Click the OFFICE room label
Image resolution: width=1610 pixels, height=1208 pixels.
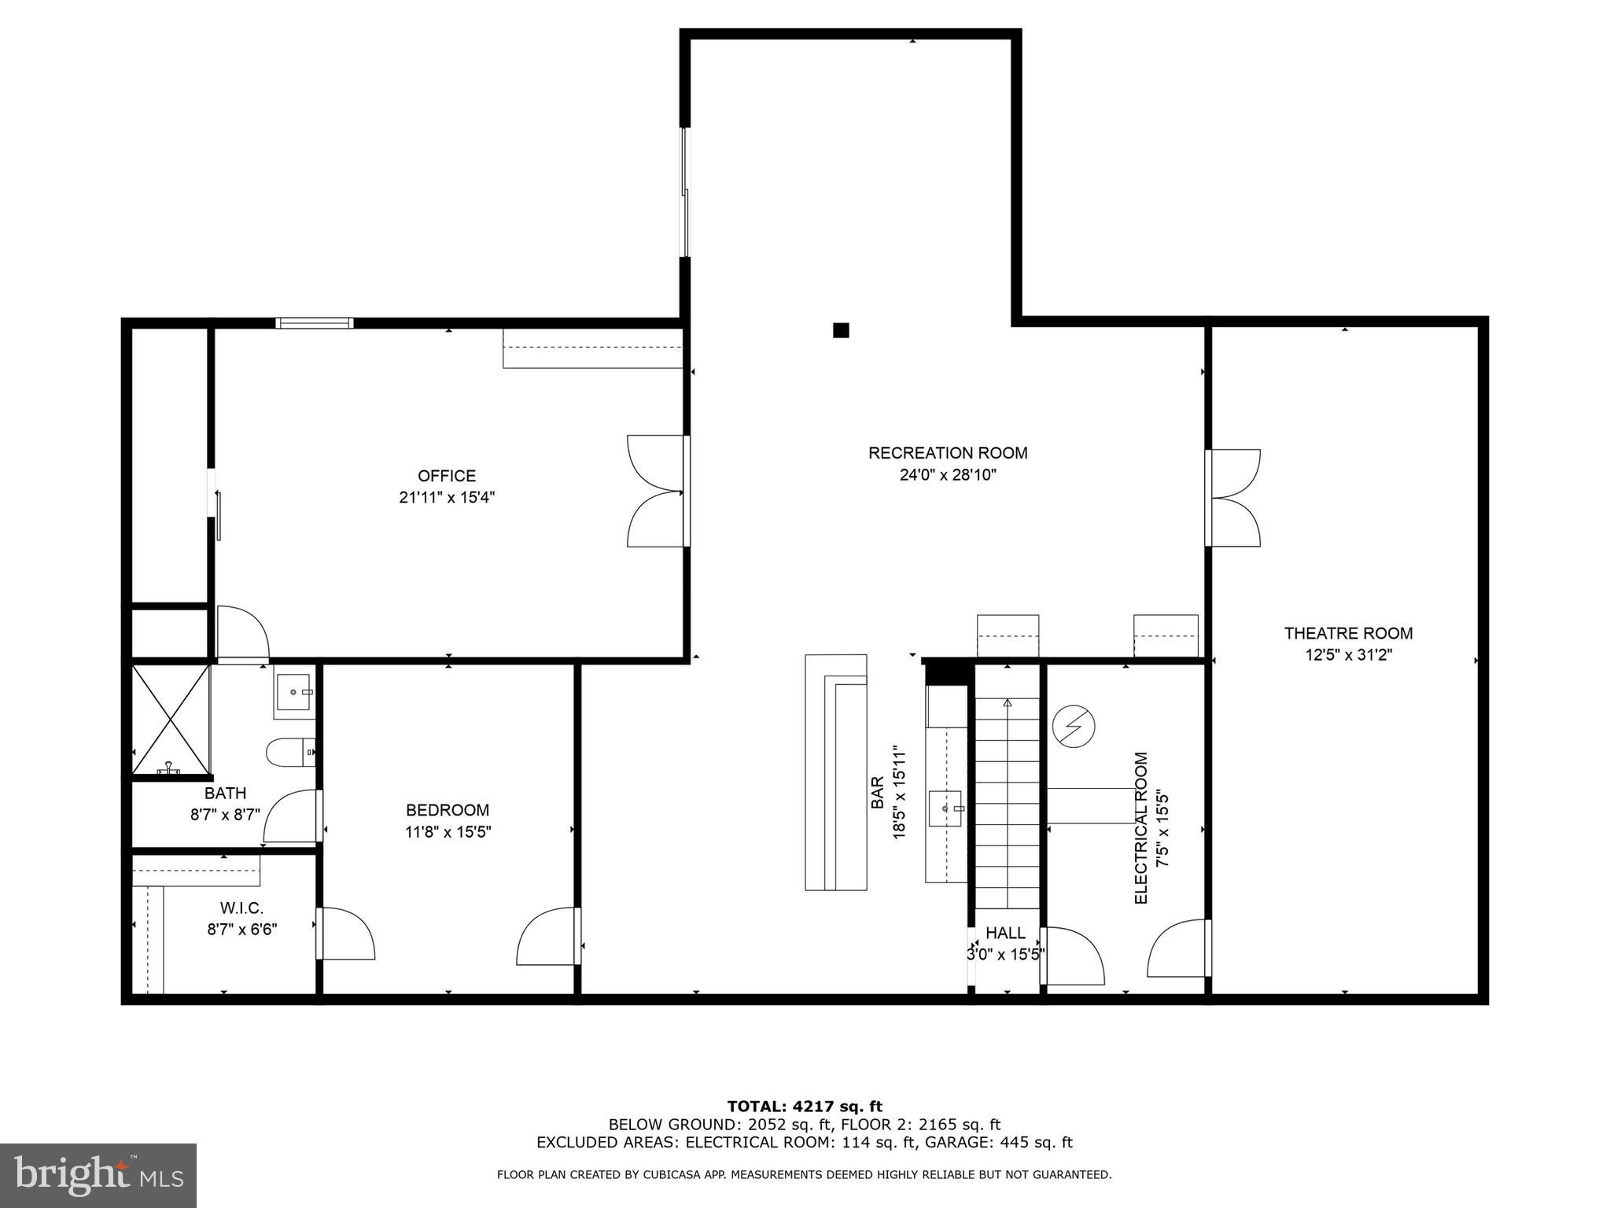pos(446,476)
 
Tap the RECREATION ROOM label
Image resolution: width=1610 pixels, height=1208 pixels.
pos(947,453)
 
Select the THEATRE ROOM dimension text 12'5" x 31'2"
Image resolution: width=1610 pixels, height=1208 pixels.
pos(1348,654)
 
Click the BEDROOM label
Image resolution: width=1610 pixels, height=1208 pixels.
pos(447,810)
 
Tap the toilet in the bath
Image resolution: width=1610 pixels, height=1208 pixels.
pos(289,752)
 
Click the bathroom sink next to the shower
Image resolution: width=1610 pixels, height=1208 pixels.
pos(294,692)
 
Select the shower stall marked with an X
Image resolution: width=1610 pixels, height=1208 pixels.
pos(170,720)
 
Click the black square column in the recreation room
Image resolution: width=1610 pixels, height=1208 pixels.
pos(841,330)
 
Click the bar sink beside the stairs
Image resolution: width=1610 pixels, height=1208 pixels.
pos(945,808)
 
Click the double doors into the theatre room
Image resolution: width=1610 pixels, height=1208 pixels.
pos(1232,498)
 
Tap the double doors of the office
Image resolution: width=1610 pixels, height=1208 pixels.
pos(657,492)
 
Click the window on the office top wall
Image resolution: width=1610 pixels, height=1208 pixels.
pos(314,322)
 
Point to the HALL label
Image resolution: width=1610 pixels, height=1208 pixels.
pos(1005,933)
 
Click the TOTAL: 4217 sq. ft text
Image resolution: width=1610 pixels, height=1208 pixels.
pos(805,1107)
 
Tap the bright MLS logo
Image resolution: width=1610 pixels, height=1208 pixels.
pos(98,1175)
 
